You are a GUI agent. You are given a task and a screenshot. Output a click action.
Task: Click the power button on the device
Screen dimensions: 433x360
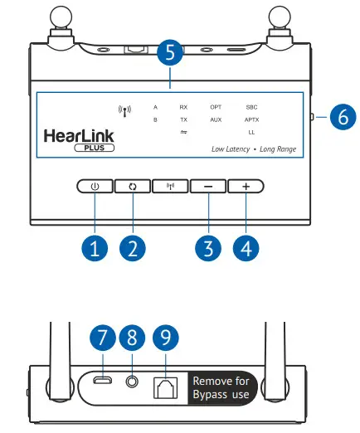95,187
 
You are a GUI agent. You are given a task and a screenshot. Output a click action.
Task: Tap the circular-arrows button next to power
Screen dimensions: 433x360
131,187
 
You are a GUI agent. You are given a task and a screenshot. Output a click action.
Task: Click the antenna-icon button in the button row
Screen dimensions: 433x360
169,187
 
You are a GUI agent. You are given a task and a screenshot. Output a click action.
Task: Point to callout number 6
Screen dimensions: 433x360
340,117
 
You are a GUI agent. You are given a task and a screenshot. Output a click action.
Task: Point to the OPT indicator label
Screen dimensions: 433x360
215,108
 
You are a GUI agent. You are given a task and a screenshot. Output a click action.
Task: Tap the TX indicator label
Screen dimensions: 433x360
183,120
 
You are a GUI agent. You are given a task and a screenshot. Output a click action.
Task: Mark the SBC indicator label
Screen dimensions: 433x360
251,108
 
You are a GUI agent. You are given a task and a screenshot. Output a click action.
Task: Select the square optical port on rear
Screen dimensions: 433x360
166,386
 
